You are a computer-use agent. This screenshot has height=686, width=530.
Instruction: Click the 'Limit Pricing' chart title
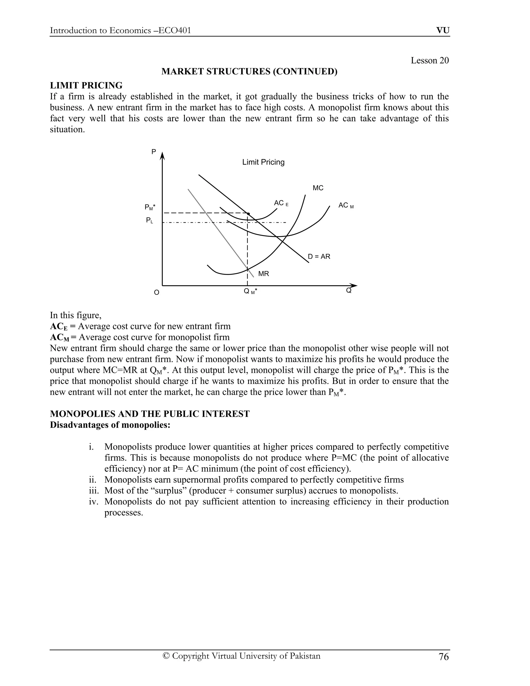click(263, 162)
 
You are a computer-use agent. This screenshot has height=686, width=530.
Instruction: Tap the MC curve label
click(318, 188)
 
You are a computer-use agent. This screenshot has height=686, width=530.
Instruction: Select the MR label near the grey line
click(263, 274)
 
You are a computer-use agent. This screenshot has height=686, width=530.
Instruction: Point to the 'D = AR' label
click(319, 257)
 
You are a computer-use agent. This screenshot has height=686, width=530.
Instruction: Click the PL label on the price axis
click(150, 221)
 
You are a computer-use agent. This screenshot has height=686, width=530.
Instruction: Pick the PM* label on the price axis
click(150, 207)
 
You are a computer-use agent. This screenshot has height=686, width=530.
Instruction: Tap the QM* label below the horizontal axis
click(250, 291)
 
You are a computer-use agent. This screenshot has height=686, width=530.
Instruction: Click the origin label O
click(156, 293)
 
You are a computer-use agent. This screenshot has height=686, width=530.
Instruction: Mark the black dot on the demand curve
click(248, 214)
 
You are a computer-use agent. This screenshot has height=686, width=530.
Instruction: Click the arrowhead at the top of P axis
click(162, 155)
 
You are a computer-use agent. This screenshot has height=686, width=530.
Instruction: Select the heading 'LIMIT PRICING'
click(86, 85)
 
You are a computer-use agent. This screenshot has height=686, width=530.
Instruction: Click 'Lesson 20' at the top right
click(430, 60)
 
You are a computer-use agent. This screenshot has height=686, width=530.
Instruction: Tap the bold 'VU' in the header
click(443, 31)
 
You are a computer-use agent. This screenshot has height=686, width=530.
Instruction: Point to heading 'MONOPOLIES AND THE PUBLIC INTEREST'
click(150, 414)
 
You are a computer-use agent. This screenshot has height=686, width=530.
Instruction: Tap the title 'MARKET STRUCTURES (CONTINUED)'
click(249, 72)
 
